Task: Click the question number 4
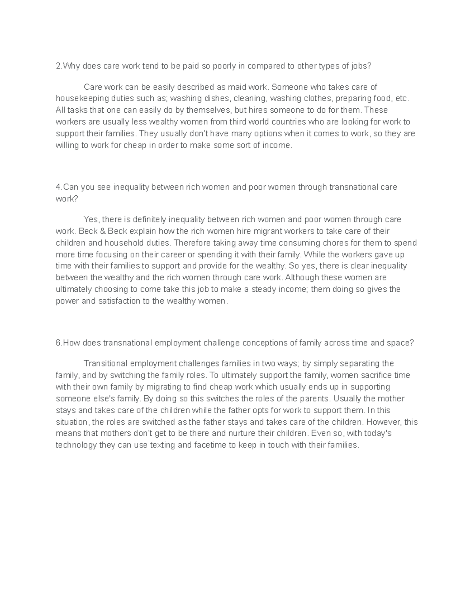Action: point(58,187)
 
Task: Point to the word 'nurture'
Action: point(251,434)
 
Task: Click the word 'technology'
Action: point(76,445)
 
